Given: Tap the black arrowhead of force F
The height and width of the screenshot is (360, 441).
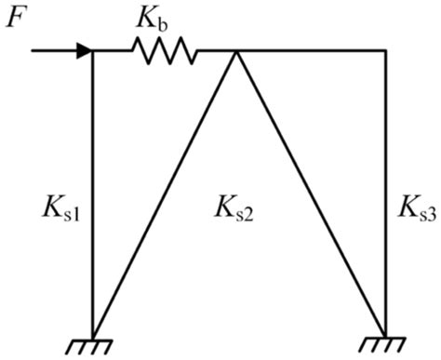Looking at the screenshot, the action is [x=85, y=50].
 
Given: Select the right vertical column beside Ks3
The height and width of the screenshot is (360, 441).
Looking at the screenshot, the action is [x=385, y=186].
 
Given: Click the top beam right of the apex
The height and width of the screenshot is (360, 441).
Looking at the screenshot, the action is [x=312, y=50].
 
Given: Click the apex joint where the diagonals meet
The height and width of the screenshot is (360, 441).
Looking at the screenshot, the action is [x=237, y=51].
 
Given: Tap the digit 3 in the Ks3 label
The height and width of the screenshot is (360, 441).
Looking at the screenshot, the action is [x=430, y=213].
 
